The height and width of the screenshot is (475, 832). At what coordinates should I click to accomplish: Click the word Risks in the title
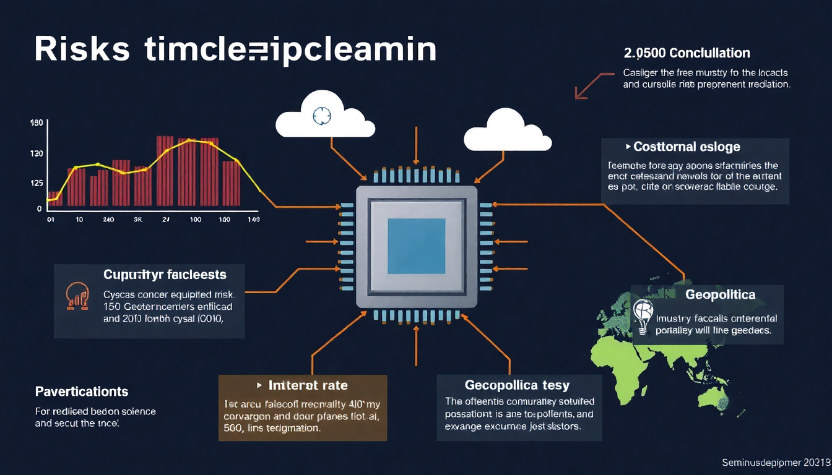point(82,50)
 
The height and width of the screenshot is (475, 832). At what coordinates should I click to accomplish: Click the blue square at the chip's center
point(416,246)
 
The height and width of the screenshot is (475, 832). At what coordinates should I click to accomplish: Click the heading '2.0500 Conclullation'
point(687,53)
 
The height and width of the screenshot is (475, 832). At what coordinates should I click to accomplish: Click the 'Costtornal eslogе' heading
point(687,147)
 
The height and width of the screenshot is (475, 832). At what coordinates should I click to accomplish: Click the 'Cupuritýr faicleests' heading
point(164,274)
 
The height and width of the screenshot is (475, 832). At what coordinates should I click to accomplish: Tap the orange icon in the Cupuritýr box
point(77,296)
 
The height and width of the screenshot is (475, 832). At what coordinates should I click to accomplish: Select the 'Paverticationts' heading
point(82,392)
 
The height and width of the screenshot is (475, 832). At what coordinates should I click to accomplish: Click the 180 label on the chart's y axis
point(37,123)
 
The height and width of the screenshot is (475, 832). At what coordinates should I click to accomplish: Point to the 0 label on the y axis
point(39,209)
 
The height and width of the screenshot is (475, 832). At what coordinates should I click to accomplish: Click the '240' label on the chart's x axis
point(108,220)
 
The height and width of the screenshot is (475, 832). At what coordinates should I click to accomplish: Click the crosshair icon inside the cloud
point(323,115)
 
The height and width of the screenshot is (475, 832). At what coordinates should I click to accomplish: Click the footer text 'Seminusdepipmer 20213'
point(776,462)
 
